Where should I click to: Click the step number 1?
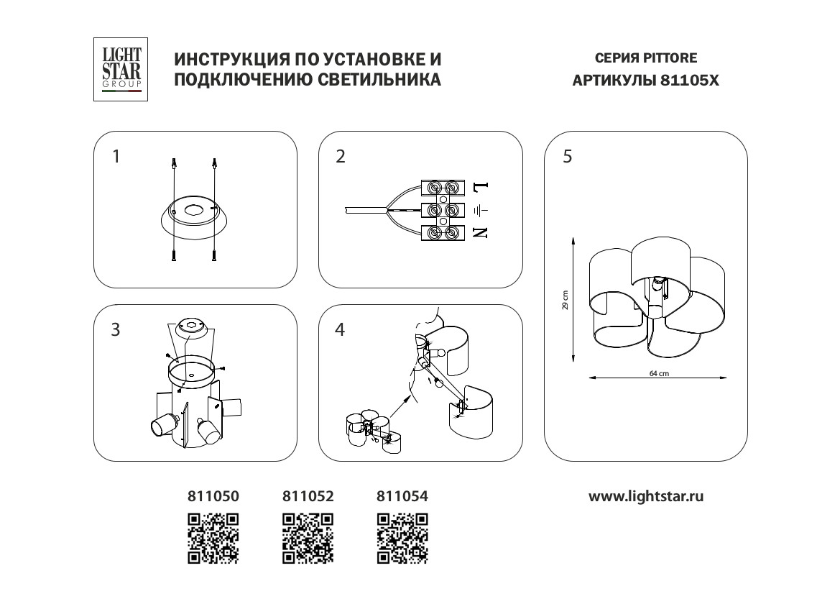click(x=117, y=157)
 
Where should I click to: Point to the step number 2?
click(x=341, y=157)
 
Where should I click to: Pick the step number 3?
click(x=116, y=330)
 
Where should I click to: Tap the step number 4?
click(x=341, y=330)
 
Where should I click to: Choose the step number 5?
click(x=568, y=157)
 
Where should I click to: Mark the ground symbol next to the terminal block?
click(x=481, y=210)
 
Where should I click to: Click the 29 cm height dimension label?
click(x=566, y=300)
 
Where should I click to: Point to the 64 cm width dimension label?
click(x=658, y=374)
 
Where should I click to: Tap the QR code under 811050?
click(x=213, y=536)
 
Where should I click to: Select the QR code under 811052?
click(x=308, y=536)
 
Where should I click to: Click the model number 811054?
click(x=402, y=496)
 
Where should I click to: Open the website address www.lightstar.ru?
click(x=646, y=496)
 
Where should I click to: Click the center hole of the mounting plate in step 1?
click(x=194, y=211)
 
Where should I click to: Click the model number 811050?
click(x=213, y=496)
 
